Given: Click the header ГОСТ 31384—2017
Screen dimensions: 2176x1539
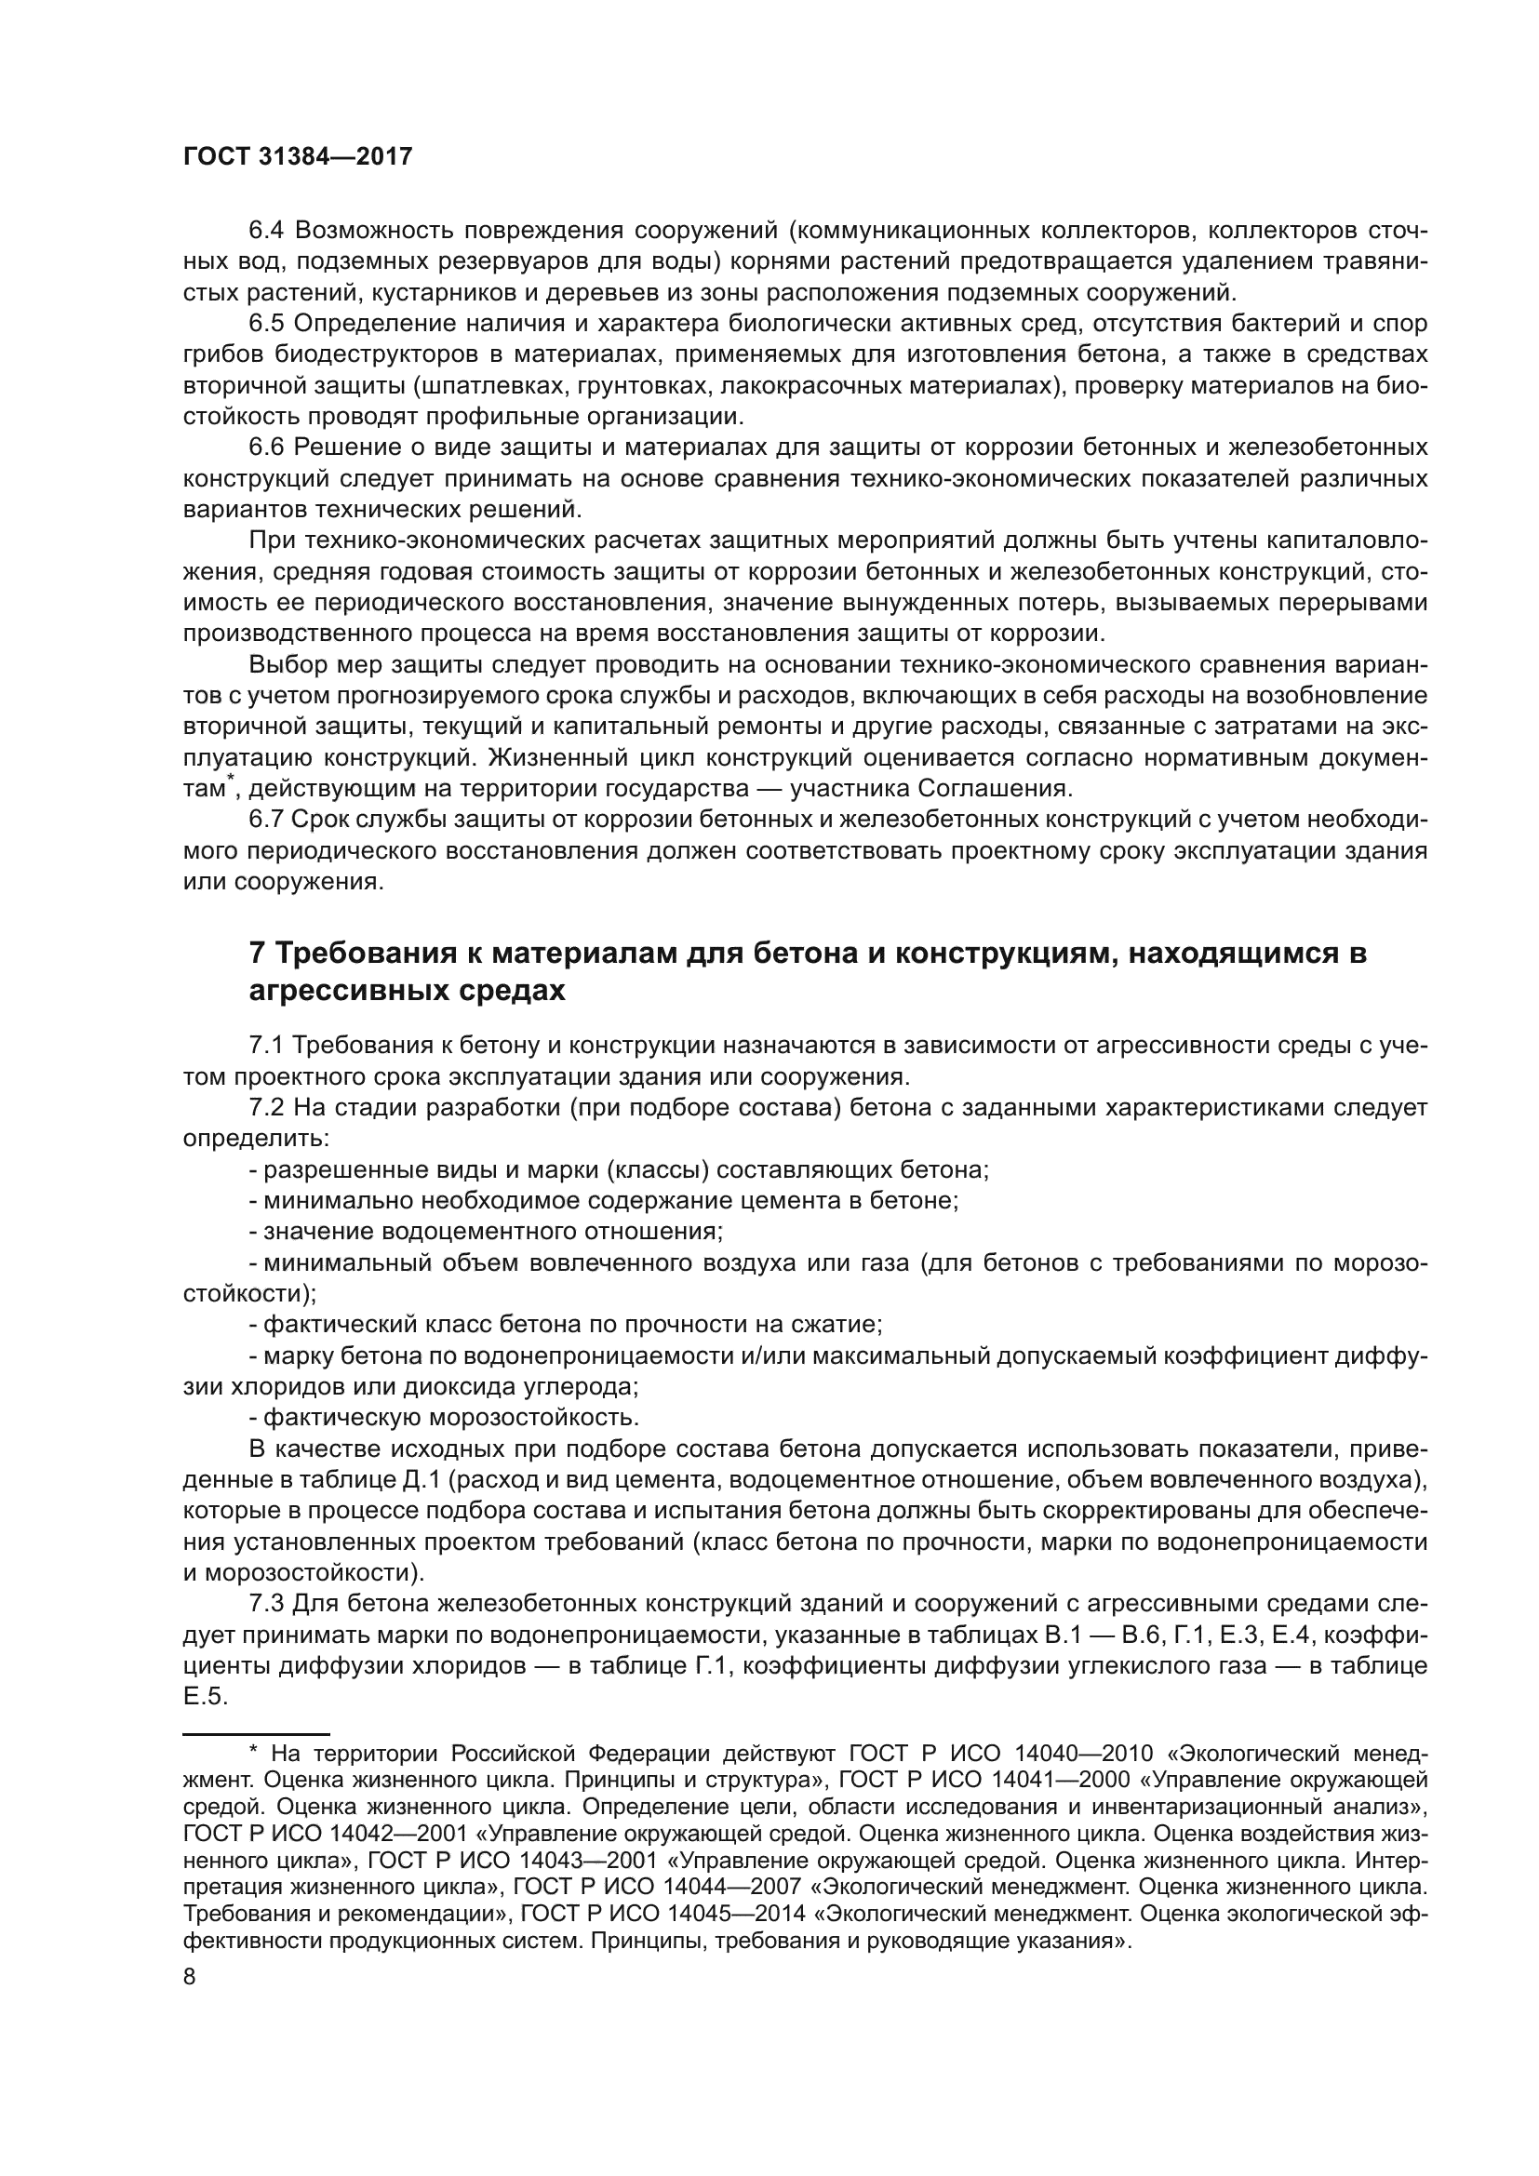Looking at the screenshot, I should pyautogui.click(x=298, y=156).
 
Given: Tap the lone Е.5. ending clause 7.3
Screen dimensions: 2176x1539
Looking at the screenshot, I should pyautogui.click(x=206, y=1698).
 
